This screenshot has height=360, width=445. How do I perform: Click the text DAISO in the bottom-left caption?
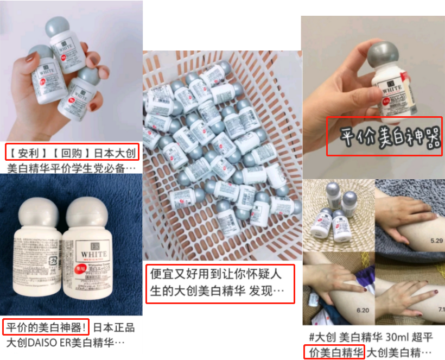tap(40, 343)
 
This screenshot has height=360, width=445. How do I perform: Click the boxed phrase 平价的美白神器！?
tap(45, 328)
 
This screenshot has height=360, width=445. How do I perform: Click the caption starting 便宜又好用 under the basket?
tap(219, 283)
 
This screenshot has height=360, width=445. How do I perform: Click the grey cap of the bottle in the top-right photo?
tap(386, 58)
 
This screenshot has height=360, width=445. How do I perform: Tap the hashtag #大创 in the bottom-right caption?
tap(320, 337)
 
